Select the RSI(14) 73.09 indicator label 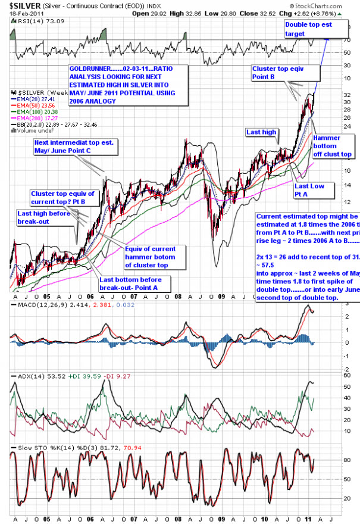pos(33,22)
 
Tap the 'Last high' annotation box pos(259,131)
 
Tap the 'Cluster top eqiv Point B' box pos(285,73)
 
